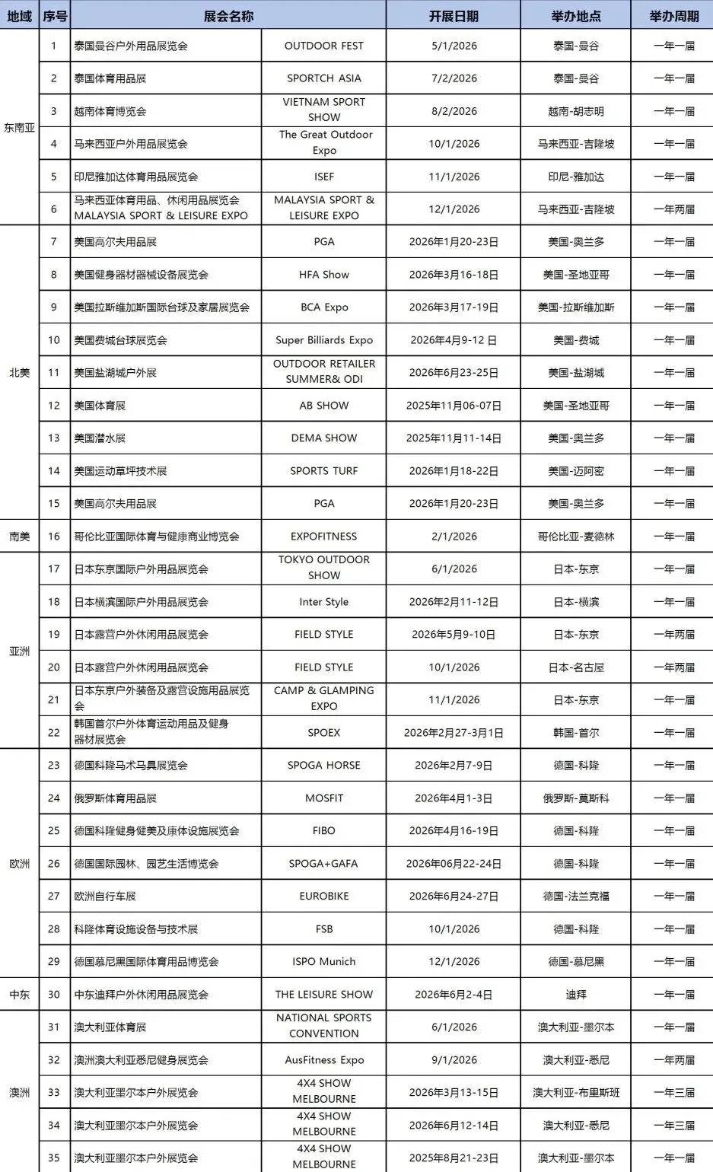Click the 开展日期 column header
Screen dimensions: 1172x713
pyautogui.click(x=454, y=16)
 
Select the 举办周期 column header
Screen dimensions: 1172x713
pyautogui.click(x=673, y=16)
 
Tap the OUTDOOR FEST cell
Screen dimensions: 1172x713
pyautogui.click(x=323, y=46)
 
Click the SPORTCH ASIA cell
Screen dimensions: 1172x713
pyautogui.click(x=323, y=78)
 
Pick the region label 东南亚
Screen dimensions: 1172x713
pyautogui.click(x=20, y=127)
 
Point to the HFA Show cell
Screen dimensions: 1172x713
pyautogui.click(x=323, y=275)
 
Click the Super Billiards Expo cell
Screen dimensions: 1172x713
pyautogui.click(x=323, y=340)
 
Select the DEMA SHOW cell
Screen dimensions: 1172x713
pyautogui.click(x=323, y=438)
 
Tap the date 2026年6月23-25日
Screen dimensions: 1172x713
pyautogui.click(x=454, y=373)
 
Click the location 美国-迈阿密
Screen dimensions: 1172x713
pyautogui.click(x=576, y=471)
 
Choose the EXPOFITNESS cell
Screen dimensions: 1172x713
pyautogui.click(x=323, y=537)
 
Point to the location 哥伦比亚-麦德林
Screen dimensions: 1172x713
pyautogui.click(x=576, y=537)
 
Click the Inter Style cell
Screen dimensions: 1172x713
pyautogui.click(x=323, y=602)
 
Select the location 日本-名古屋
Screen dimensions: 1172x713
pyautogui.click(x=576, y=667)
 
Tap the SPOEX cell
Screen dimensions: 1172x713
pyautogui.click(x=323, y=733)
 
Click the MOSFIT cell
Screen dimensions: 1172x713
pyautogui.click(x=323, y=798)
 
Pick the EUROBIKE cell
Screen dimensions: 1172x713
pyautogui.click(x=323, y=897)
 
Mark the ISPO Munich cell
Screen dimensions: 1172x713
pyautogui.click(x=323, y=962)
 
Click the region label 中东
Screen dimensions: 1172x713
pyautogui.click(x=20, y=995)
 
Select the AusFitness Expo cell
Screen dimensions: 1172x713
pyautogui.click(x=323, y=1060)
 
